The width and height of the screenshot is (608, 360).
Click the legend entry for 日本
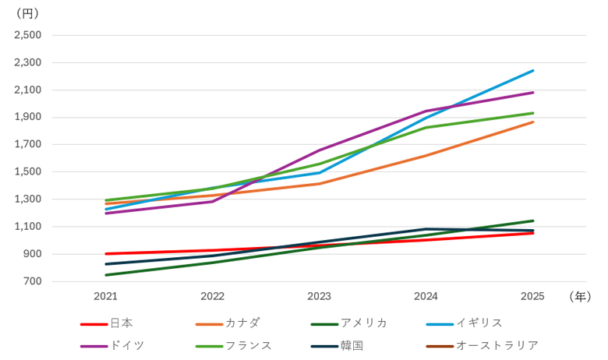coord(107,323)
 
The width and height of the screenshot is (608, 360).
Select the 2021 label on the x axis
coord(105,296)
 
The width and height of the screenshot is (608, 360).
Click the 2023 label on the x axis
coord(319,296)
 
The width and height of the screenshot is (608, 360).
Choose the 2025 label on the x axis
coord(532,296)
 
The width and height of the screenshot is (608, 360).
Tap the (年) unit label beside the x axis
coord(580,296)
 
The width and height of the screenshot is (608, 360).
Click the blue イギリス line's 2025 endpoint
coord(533,71)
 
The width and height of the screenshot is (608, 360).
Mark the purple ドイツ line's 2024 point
coord(426,111)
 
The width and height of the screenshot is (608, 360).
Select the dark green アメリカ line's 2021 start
coord(106,275)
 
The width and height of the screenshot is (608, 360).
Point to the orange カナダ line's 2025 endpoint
coord(533,122)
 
